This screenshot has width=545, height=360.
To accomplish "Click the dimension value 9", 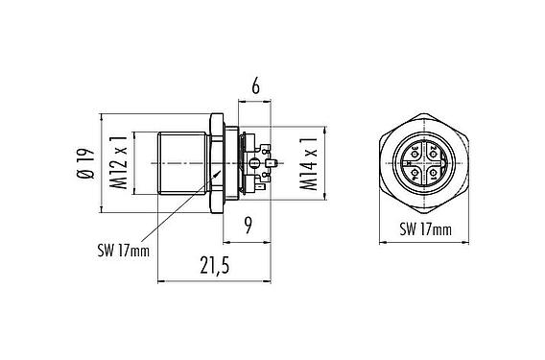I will pyautogui.click(x=248, y=228).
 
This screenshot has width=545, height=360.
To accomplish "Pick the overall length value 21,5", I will pyautogui.click(x=213, y=268).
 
